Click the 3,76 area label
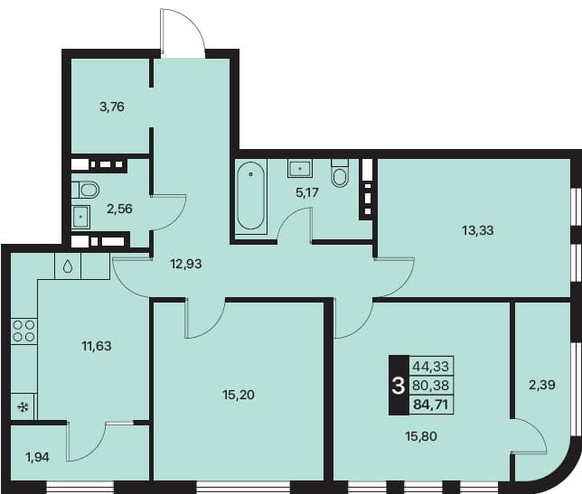(112, 107)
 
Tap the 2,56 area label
(119, 209)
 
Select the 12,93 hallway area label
(186, 264)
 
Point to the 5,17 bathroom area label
(307, 192)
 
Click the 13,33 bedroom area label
(478, 230)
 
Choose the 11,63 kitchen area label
(97, 346)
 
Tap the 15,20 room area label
(239, 395)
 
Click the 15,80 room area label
(421, 436)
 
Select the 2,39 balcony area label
(542, 385)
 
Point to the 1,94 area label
(37, 457)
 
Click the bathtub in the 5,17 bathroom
(251, 196)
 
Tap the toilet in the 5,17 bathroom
(340, 173)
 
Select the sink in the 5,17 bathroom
(299, 168)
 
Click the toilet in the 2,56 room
(85, 190)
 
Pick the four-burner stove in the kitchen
(23, 331)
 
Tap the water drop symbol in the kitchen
(68, 266)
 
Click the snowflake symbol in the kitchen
(23, 407)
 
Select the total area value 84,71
(431, 404)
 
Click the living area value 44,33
(431, 367)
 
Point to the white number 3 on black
(399, 386)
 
